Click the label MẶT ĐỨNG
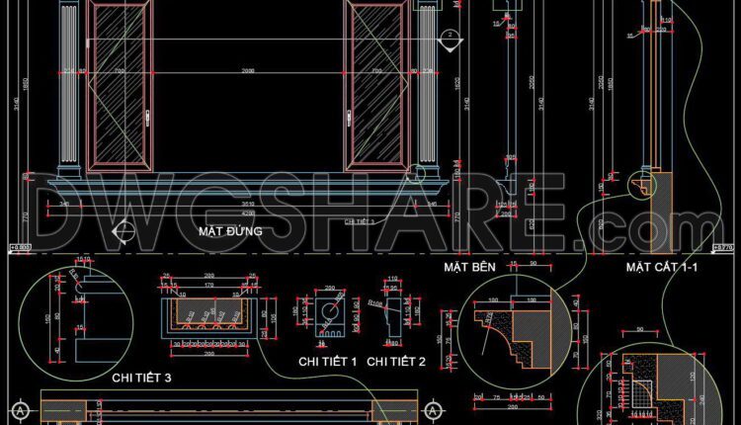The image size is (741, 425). [x=230, y=231]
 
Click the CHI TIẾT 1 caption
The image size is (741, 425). [x=327, y=363]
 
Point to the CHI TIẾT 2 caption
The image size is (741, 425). [x=395, y=363]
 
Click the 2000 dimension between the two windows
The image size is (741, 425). [x=247, y=70]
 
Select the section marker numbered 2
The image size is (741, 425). [x=448, y=37]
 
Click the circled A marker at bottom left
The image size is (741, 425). [x=19, y=409]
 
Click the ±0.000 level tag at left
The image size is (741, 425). [x=20, y=247]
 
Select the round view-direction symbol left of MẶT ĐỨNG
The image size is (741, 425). [x=123, y=232]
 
